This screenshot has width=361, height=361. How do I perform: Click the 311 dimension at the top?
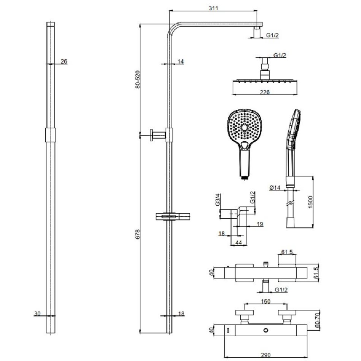(x=214, y=8)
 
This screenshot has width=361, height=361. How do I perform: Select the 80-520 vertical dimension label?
(x=138, y=79)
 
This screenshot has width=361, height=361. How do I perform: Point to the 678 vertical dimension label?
(x=138, y=234)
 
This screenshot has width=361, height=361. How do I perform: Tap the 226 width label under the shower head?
(x=265, y=92)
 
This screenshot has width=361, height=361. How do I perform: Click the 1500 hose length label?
(x=310, y=202)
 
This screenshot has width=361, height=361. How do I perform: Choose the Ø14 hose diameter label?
(x=275, y=188)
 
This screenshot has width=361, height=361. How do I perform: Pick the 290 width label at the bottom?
(x=266, y=355)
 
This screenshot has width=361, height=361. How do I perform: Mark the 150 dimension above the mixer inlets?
(x=266, y=301)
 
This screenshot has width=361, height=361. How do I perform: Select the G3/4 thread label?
(x=218, y=199)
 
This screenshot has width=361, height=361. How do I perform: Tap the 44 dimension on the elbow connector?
(x=239, y=243)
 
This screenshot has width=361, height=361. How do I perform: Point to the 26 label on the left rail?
(x=64, y=61)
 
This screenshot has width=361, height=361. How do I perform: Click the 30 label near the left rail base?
(x=37, y=313)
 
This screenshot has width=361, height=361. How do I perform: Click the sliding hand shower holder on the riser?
(x=173, y=217)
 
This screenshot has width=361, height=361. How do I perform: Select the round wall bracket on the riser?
(x=158, y=135)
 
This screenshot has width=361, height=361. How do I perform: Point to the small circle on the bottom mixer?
(x=266, y=330)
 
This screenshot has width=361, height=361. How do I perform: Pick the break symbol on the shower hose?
(x=290, y=204)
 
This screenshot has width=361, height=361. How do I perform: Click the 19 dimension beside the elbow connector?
(x=260, y=224)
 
